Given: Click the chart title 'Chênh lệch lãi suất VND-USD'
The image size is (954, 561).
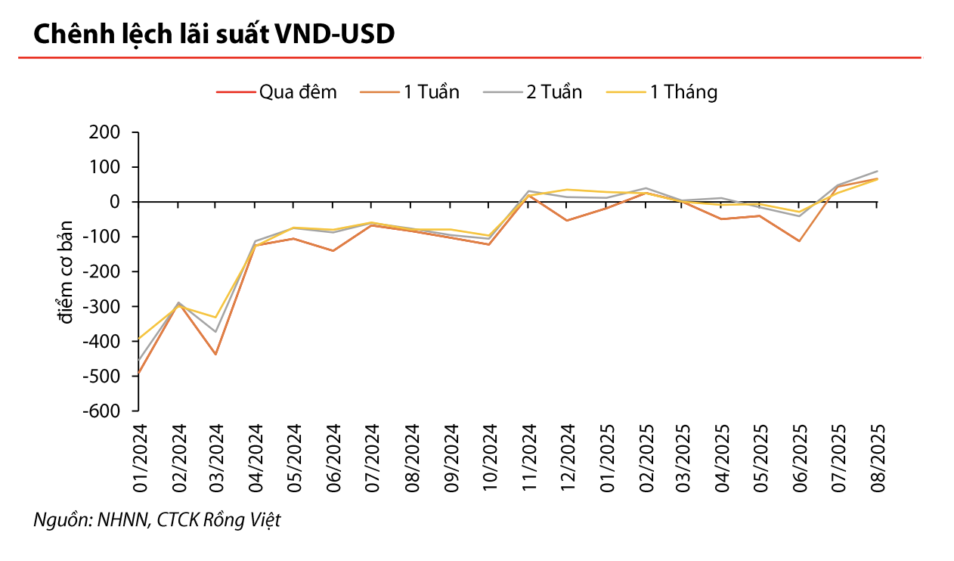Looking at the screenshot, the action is [x=214, y=34].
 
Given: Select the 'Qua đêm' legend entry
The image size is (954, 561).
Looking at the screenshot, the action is [x=277, y=92].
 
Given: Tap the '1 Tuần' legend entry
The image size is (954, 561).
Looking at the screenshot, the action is [x=410, y=92].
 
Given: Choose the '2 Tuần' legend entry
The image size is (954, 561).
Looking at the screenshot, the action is [x=532, y=92].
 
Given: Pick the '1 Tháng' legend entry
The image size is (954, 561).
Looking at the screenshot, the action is [x=661, y=92].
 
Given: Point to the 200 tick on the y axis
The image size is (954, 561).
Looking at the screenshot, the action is [x=105, y=132].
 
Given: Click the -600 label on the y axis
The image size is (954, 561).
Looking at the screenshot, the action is [x=101, y=411].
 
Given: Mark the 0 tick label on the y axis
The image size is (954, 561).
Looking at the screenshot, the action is [x=115, y=202].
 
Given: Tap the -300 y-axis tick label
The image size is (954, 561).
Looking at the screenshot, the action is [x=101, y=307].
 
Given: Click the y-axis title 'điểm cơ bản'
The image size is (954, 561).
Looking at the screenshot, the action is [x=65, y=272].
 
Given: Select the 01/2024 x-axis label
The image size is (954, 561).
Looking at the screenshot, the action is [x=140, y=458].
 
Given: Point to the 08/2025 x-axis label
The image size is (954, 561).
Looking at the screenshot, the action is [x=878, y=458].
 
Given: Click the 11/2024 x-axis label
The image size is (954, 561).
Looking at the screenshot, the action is [x=528, y=458].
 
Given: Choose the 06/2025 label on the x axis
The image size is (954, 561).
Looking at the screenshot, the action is [x=800, y=458].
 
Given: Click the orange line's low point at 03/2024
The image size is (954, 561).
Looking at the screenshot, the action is [x=215, y=355].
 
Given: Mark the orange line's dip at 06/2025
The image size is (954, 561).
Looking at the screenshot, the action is [x=799, y=241].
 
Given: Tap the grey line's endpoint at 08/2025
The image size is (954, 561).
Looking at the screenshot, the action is [x=877, y=171].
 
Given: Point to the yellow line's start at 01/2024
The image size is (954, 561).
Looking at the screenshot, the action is [x=139, y=339].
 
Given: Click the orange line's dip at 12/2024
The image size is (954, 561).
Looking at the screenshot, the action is [x=566, y=221].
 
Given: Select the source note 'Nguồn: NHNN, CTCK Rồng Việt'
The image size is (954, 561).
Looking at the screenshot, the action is [x=157, y=520].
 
